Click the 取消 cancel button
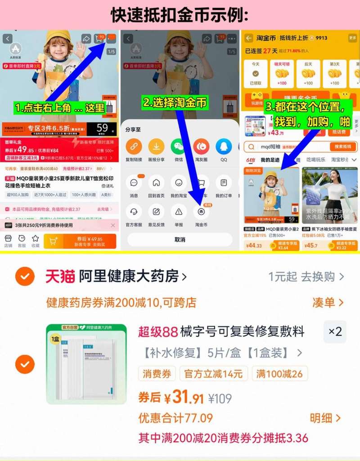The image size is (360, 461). pos(180,240)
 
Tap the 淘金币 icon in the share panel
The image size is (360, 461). pos(201,211)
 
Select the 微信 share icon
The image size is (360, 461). pos(178,147)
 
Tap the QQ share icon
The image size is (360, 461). pos(224,147)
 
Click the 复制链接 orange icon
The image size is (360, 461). pos(134,147)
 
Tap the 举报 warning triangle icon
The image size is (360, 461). pos(179,211)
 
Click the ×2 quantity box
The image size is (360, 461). pos(335,332)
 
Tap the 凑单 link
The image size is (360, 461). pos(328,302)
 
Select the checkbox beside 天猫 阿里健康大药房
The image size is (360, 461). pos(25,276)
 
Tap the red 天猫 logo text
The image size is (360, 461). pos(60,276)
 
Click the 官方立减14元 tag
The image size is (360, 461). pos(213,373)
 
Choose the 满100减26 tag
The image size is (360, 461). pos(279,373)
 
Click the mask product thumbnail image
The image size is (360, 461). pos(86,363)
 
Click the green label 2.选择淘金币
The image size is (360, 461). pos(175,103)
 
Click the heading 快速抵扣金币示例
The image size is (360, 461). pos(180,15)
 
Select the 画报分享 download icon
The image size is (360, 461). pos(156,147)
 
